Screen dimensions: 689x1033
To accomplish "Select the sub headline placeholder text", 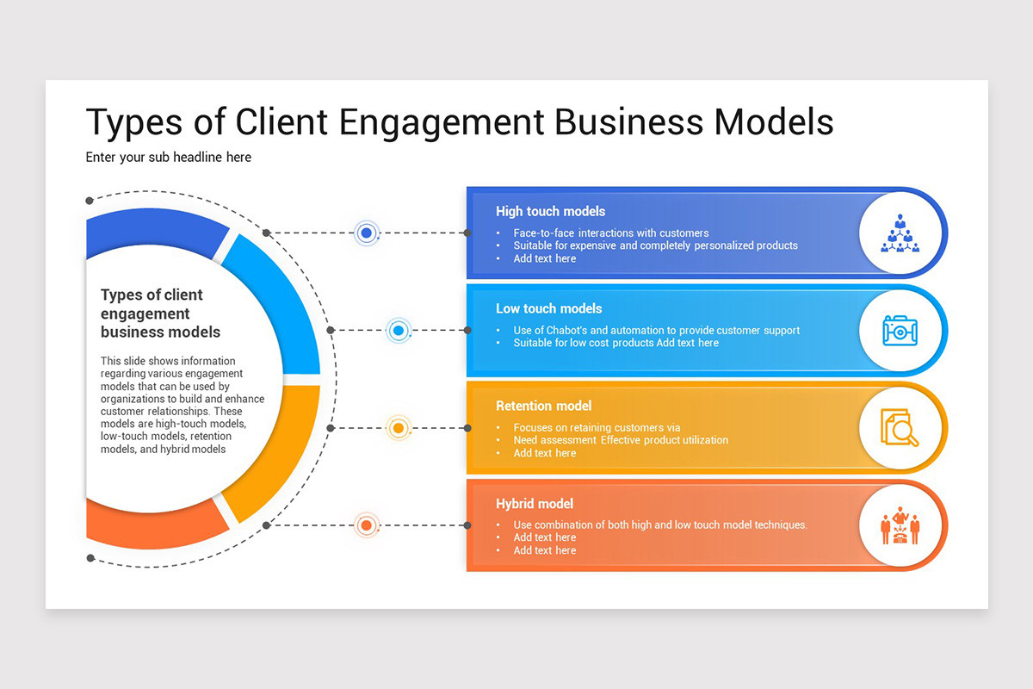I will pos(168,158).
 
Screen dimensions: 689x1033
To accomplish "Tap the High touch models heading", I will pos(550,211).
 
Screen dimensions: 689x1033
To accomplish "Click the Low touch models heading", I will pos(548,308).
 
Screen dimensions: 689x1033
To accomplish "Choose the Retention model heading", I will pos(543,406).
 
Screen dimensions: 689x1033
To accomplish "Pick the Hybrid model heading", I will pos(534,504).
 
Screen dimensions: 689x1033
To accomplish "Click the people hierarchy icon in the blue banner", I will pos(900,233).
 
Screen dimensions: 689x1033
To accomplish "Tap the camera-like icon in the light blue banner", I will pos(900,331).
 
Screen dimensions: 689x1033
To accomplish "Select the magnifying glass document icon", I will pos(900,428).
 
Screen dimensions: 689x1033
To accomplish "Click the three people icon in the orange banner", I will pos(900,525).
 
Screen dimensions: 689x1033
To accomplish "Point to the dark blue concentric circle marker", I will pos(367,233).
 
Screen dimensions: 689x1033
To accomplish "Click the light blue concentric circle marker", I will pos(398,330).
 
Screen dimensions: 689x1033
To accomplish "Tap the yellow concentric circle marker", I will pos(398,427).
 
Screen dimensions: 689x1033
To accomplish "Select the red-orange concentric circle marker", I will pos(367,525).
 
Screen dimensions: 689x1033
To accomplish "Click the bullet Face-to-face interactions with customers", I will pos(610,233).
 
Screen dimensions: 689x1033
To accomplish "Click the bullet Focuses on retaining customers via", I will pos(597,428).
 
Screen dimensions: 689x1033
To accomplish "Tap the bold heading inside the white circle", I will pos(160,313).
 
